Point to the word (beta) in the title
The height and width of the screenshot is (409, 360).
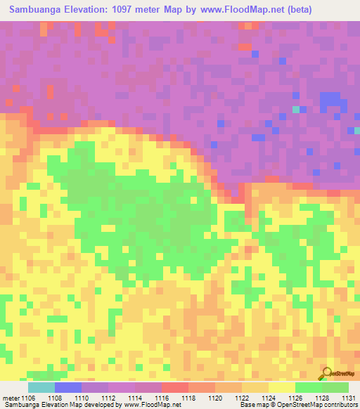[295, 9]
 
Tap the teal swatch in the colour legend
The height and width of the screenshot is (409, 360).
[41, 387]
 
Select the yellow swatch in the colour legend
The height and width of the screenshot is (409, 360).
[282, 387]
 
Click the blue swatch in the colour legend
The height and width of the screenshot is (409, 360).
[68, 387]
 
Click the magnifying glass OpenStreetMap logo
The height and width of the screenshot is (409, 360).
[326, 373]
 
